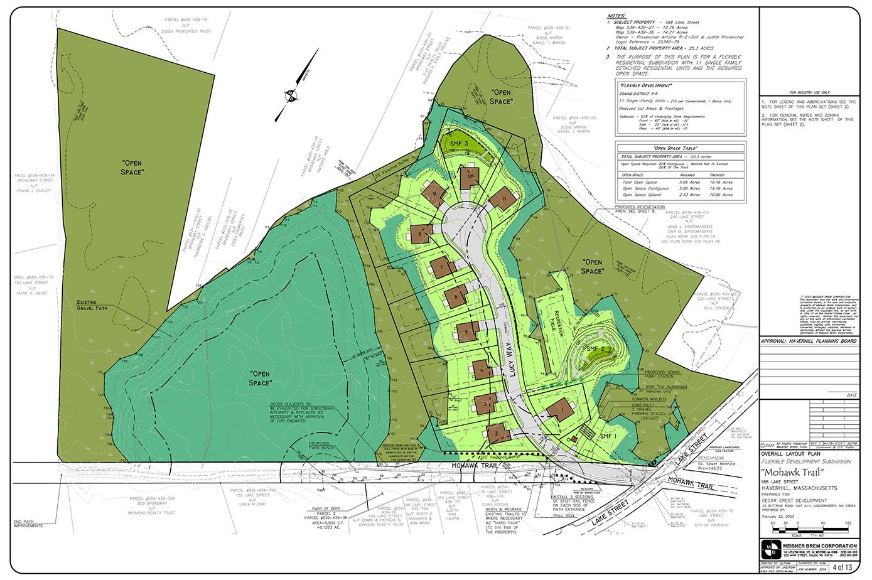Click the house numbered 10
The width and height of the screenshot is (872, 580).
point(470,178)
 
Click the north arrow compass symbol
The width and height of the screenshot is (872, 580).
point(292,96)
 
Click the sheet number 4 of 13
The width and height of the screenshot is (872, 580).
point(842,567)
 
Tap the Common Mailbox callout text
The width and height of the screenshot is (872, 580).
point(652,399)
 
